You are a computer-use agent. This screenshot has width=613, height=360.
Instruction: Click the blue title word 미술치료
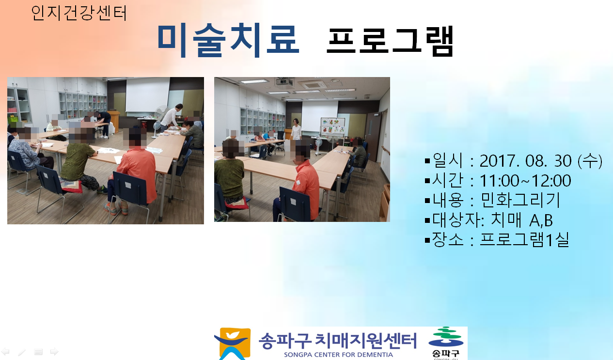point(229,40)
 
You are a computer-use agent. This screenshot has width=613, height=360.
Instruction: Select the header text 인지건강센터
point(79,13)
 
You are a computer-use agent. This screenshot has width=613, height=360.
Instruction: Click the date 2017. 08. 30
point(525,160)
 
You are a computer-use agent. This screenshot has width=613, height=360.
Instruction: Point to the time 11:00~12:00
point(525,181)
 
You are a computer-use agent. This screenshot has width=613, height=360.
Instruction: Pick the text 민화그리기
point(520,200)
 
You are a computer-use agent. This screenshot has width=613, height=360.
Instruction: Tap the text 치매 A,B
point(521,220)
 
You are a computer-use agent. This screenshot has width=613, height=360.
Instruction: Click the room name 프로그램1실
point(525,240)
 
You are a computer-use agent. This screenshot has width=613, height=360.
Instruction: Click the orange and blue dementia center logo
point(232,344)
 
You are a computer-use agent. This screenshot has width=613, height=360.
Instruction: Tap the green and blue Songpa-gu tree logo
point(446,343)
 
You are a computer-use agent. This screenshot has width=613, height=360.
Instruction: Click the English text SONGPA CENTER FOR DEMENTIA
point(338,355)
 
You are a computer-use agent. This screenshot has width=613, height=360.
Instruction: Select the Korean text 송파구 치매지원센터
point(338,341)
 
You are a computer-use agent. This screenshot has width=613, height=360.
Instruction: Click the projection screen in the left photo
point(147,94)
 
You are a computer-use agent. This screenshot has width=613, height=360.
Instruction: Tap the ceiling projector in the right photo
point(284,82)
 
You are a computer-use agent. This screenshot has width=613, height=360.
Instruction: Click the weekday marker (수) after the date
point(590,160)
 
